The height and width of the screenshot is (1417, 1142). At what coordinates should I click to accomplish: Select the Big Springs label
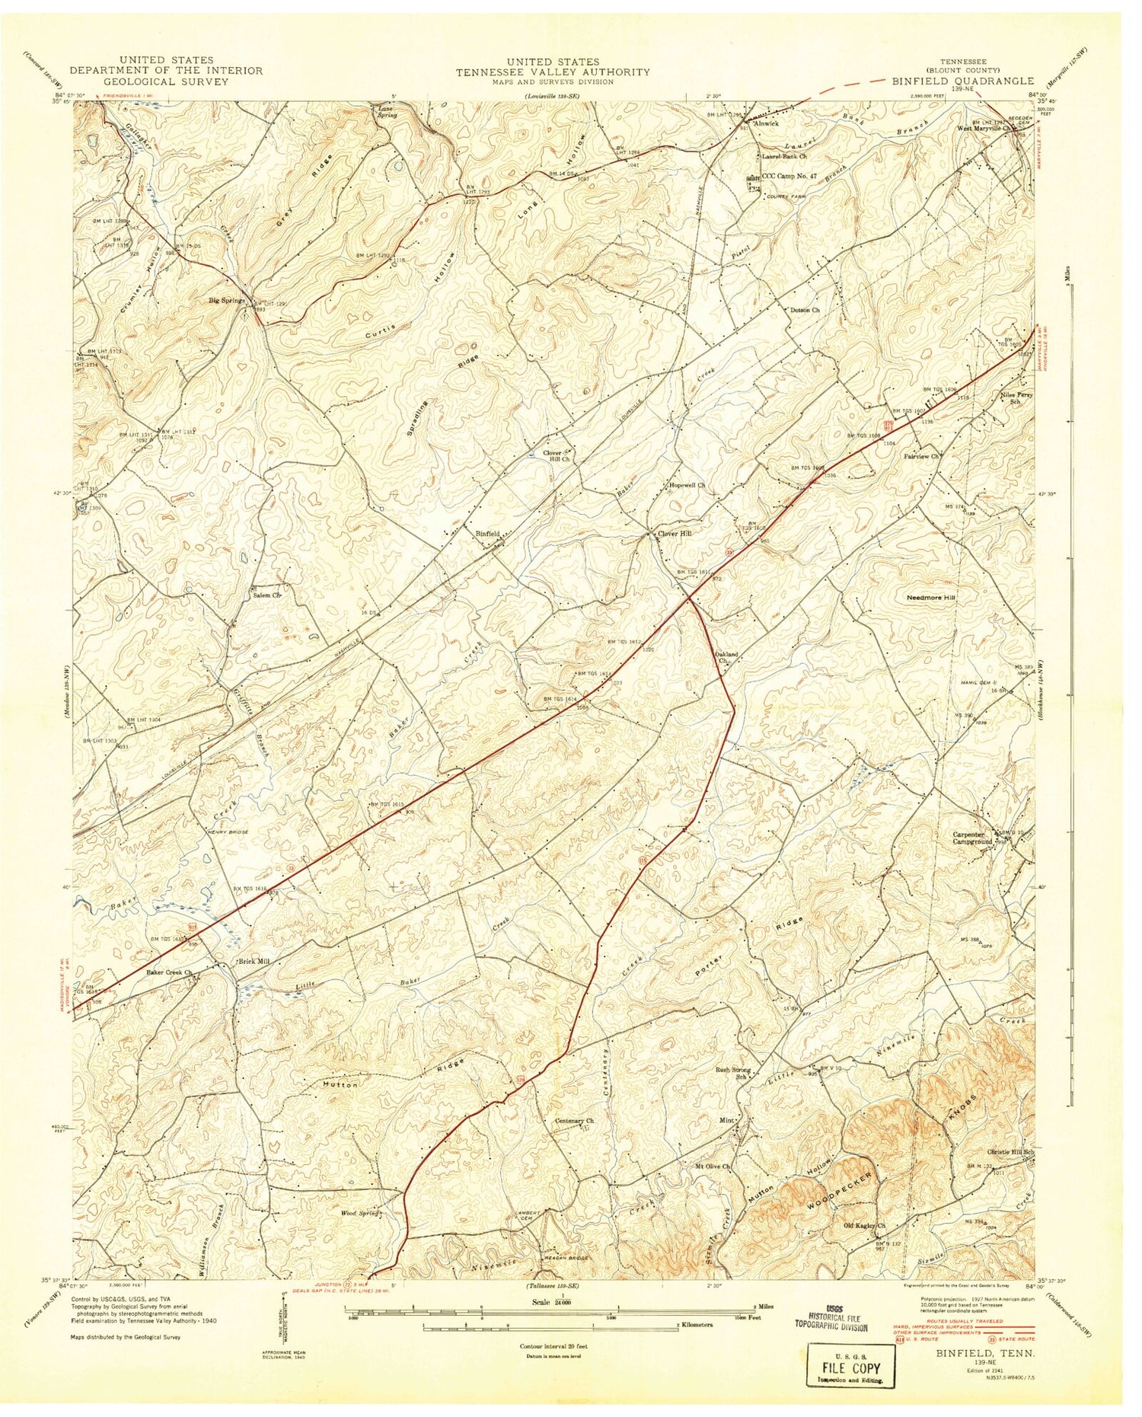pos(226,301)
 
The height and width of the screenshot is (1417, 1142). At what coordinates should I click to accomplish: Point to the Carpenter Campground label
pos(972,838)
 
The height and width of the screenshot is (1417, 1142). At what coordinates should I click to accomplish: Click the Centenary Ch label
pos(573,1121)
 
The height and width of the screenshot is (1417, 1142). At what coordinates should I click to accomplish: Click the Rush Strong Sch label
pos(732,1074)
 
